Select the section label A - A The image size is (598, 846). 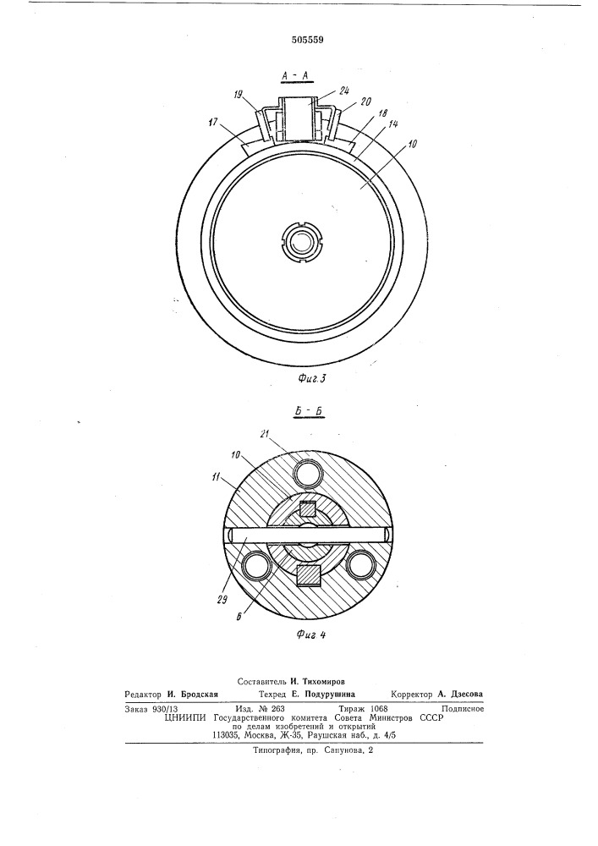[294, 77]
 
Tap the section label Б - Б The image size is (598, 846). [309, 412]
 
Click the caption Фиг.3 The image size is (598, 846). [312, 378]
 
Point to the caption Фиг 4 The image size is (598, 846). [311, 634]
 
